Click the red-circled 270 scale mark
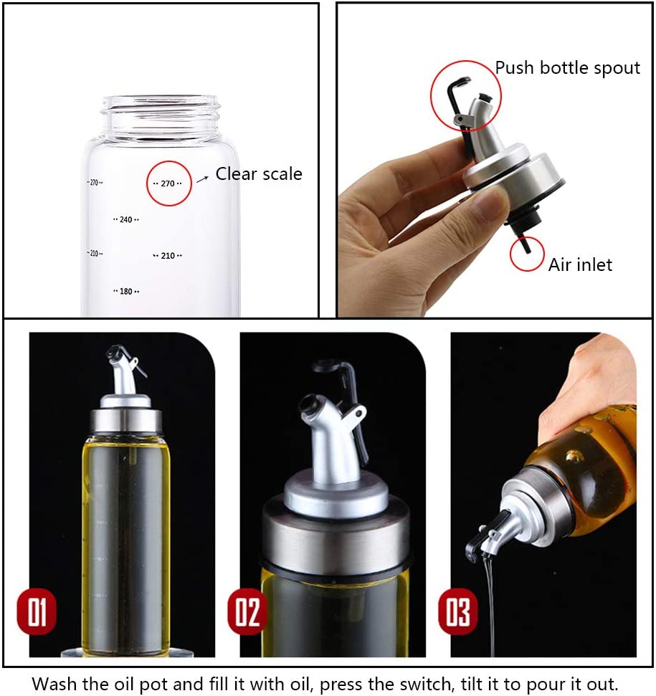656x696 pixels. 168,183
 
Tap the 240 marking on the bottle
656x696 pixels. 126,219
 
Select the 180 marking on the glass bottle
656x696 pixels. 126,291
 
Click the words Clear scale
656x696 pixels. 259,173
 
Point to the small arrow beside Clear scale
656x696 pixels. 202,178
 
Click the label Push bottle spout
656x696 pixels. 568,68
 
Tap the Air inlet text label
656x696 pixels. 580,264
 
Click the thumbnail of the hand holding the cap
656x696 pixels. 495,161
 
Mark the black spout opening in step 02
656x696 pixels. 306,405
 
